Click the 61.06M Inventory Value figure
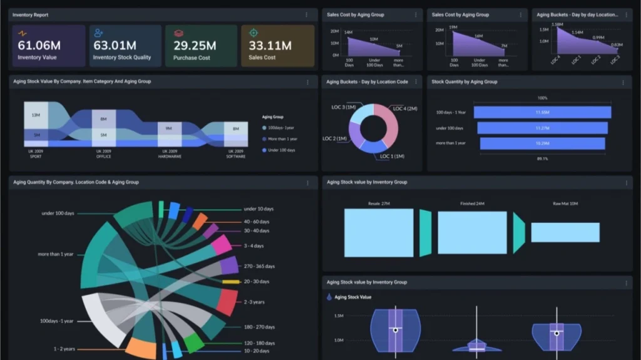click(39, 46)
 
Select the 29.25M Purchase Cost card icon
click(178, 33)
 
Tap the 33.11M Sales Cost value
click(270, 46)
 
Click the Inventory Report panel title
click(30, 14)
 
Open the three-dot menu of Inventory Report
click(306, 14)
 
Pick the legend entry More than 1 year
click(282, 138)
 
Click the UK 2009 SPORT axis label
click(34, 154)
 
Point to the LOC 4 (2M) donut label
click(404, 109)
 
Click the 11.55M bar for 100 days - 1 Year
click(542, 112)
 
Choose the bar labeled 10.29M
click(542, 143)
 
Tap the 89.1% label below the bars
click(542, 159)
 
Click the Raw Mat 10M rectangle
click(565, 232)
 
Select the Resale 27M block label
click(379, 203)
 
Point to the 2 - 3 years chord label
click(254, 302)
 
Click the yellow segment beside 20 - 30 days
click(231, 282)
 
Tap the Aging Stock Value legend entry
click(352, 297)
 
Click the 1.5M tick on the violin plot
click(338, 316)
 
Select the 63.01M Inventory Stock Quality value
click(115, 46)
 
